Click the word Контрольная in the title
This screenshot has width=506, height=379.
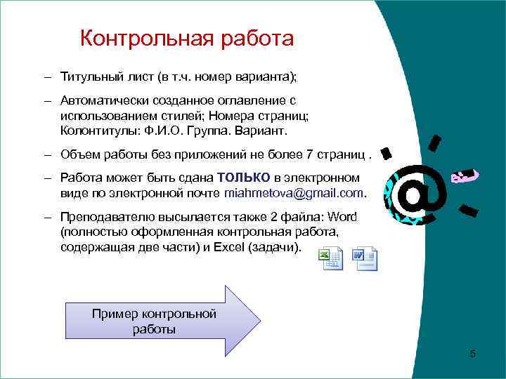pos(140,38)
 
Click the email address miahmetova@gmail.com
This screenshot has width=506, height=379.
pos(294,192)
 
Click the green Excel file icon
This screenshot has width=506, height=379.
pos(329,260)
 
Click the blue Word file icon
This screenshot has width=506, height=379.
pos(365,260)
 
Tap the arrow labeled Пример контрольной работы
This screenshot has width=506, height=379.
pos(162,321)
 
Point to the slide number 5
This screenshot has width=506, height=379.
pos(472,354)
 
